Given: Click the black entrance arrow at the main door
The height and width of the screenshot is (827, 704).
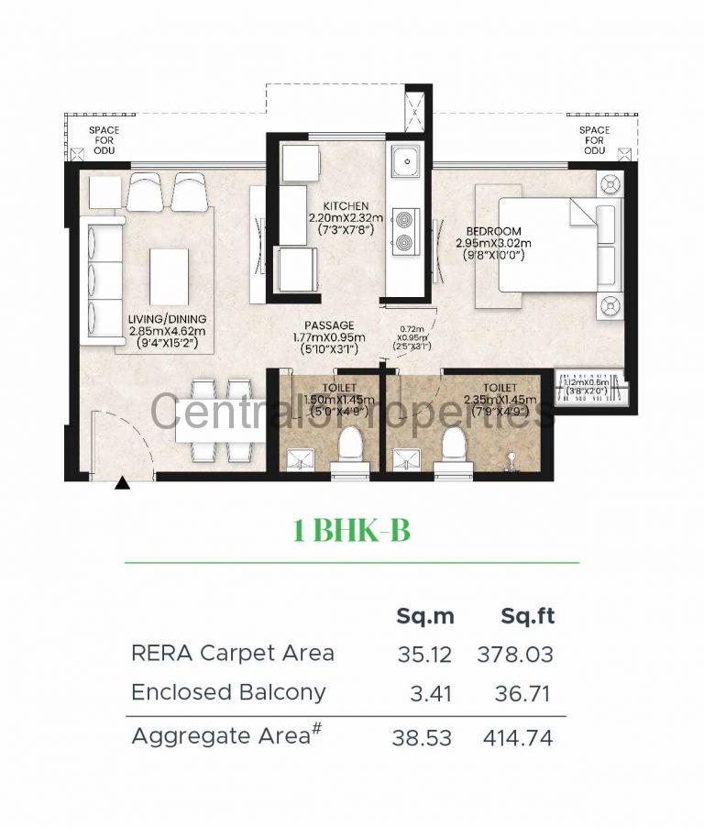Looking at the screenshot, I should [122, 484].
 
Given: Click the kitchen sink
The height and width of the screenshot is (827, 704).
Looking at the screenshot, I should [404, 164].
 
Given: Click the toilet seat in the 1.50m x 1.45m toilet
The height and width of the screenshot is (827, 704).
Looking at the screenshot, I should [349, 448].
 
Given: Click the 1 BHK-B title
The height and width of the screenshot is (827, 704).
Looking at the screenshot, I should [351, 530].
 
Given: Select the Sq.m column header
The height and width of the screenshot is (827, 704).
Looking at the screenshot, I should [424, 616].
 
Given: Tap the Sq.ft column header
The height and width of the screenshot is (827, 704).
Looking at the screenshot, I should [527, 616].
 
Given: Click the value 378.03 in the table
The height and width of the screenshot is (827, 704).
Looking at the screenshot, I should [515, 655].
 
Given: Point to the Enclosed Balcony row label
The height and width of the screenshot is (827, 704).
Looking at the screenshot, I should [228, 692].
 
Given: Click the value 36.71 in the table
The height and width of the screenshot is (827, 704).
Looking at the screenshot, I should [522, 693].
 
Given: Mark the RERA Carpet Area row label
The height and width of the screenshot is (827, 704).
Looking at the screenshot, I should [233, 654].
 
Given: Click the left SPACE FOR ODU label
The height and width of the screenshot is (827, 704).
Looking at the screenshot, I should [104, 140].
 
